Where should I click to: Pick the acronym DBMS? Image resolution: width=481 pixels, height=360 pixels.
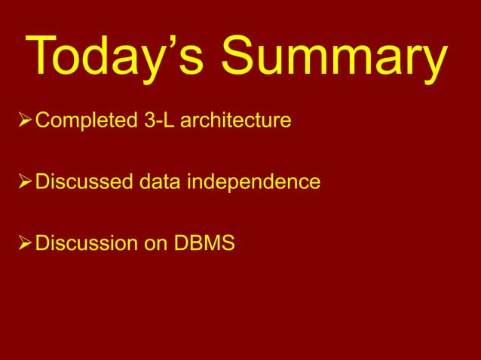click(204, 245)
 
